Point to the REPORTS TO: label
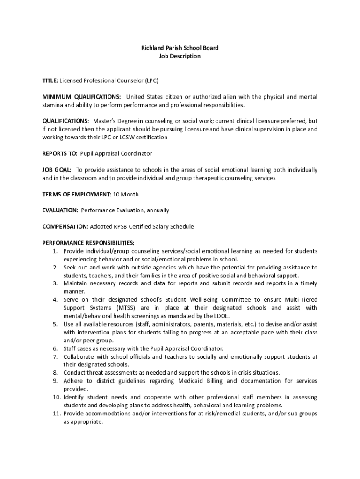tap(60, 153)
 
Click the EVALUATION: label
tap(60, 210)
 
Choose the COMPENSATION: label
tap(65, 226)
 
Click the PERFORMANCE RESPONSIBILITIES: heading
tap(88, 243)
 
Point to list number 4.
tap(55, 299)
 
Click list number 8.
tap(55, 372)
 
